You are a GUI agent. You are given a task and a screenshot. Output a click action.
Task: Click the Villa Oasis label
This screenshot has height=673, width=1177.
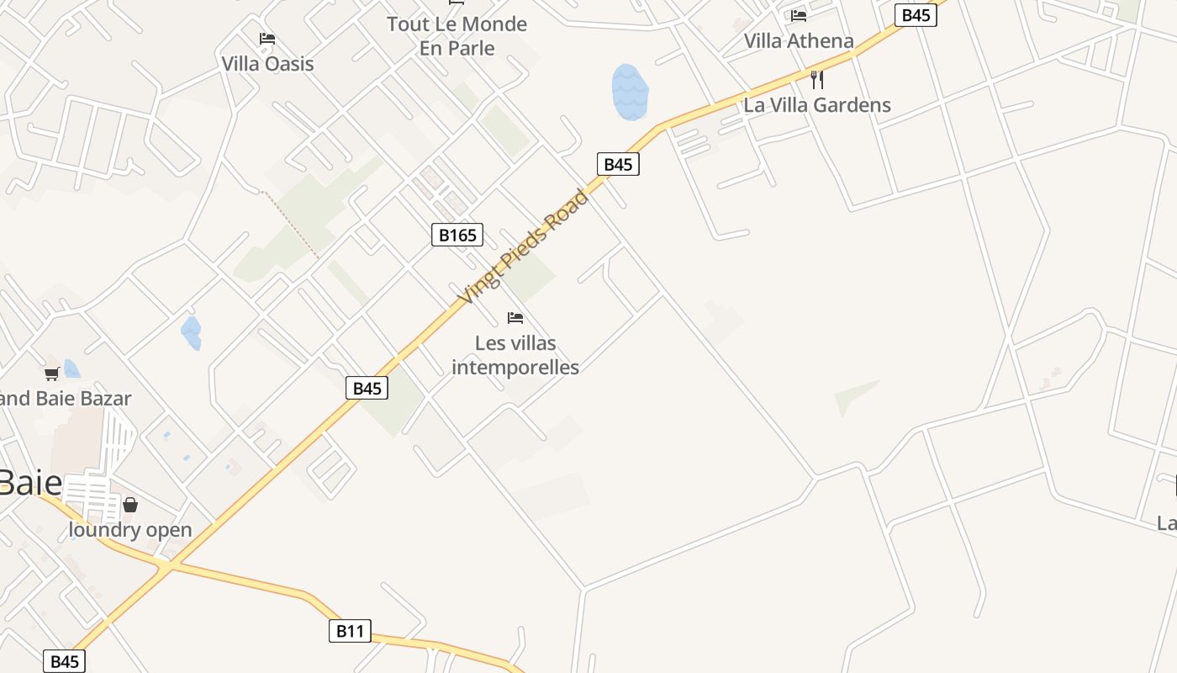click(267, 64)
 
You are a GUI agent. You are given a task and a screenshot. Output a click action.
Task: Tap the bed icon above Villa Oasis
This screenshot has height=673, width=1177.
click(267, 39)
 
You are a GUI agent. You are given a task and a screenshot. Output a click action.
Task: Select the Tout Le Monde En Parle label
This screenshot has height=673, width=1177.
click(457, 36)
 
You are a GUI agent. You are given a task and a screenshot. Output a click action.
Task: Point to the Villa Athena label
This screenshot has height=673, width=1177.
click(799, 40)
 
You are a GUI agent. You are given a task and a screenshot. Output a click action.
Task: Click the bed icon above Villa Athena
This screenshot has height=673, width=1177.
click(799, 15)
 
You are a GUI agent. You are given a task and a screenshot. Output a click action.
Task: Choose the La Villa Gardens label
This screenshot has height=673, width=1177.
click(817, 105)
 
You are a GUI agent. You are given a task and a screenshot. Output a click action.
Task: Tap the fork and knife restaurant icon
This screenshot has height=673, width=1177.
click(816, 80)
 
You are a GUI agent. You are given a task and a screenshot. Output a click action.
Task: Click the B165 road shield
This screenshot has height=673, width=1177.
click(458, 235)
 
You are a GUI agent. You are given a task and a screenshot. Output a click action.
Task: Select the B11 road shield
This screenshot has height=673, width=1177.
click(350, 631)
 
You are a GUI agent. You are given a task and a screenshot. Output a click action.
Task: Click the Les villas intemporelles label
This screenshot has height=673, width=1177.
click(515, 355)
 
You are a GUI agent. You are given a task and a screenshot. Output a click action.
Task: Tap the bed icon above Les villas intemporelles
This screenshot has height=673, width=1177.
click(515, 318)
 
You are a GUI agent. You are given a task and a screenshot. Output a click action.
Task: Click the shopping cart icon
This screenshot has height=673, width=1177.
click(52, 374)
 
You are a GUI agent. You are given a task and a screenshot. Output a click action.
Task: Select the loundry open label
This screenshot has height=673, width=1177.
click(130, 530)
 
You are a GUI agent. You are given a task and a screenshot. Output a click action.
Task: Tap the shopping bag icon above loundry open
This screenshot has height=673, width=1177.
click(130, 505)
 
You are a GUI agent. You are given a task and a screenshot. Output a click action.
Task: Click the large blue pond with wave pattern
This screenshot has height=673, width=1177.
click(630, 91)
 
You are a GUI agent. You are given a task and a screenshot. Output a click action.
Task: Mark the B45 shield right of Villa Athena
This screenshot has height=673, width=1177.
click(916, 15)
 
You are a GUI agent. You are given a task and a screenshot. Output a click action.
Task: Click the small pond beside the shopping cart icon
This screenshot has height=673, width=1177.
click(71, 368)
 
